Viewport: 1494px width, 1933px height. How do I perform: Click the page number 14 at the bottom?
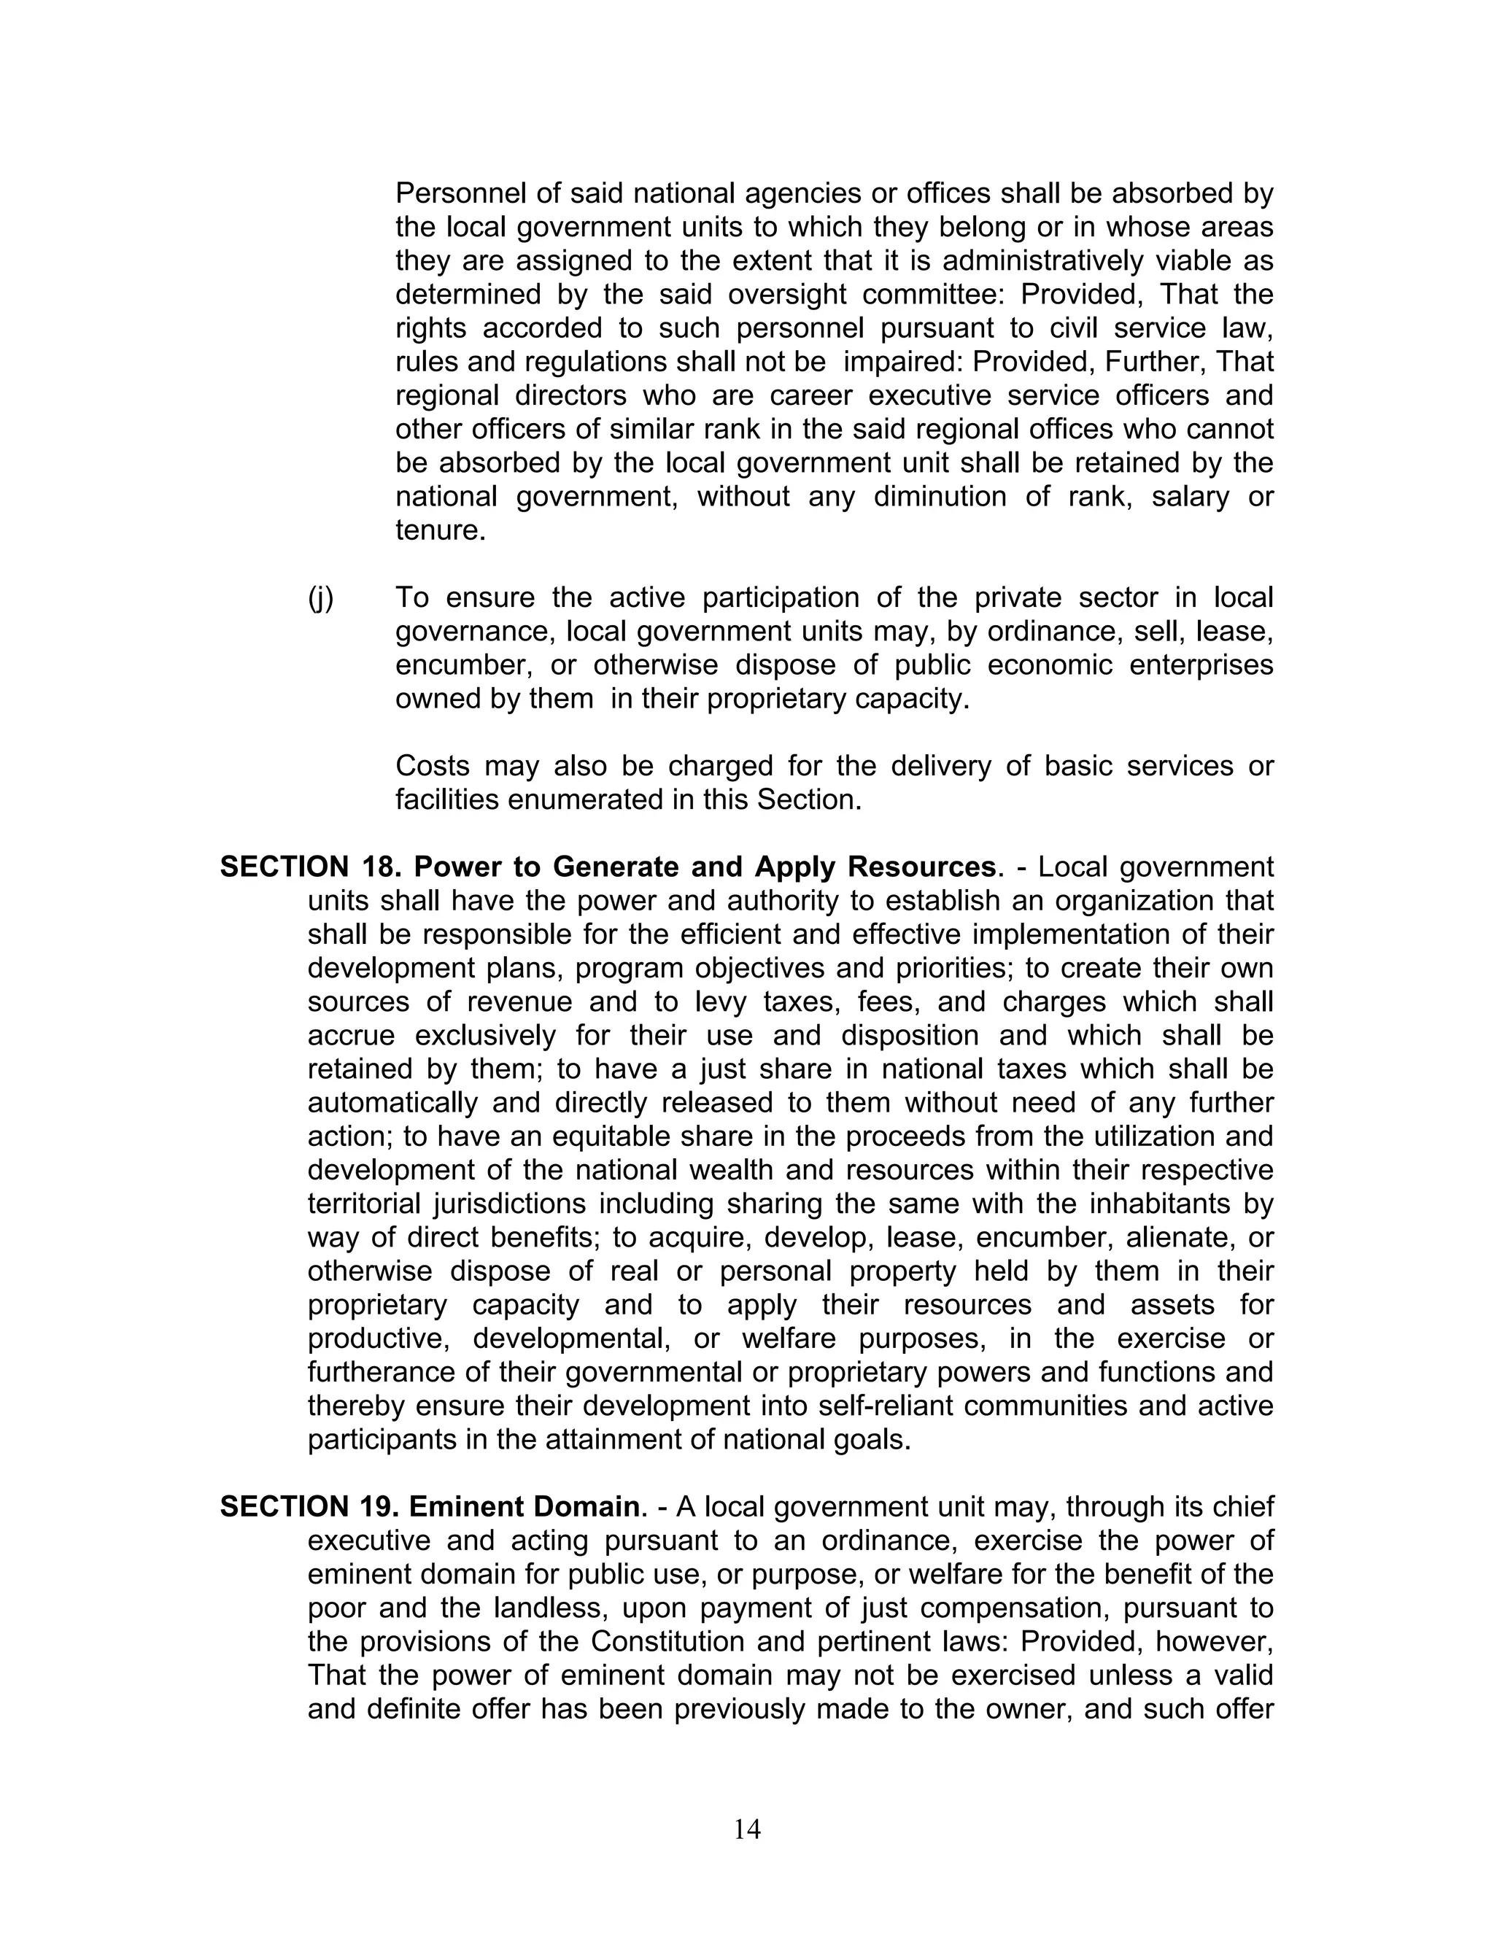point(747,1829)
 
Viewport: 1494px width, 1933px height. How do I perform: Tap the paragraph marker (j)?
point(320,598)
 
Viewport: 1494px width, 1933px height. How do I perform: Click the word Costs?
point(432,766)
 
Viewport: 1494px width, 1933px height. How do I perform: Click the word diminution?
point(939,497)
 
